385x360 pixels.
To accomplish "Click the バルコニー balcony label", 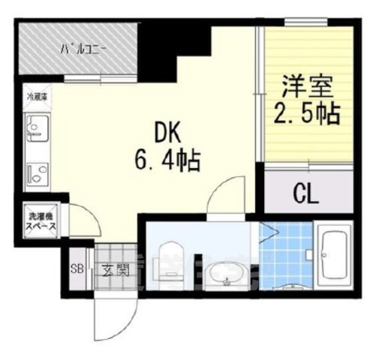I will [84, 49].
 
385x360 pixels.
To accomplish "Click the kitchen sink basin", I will [36, 130].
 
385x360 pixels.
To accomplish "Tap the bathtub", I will [332, 255].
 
